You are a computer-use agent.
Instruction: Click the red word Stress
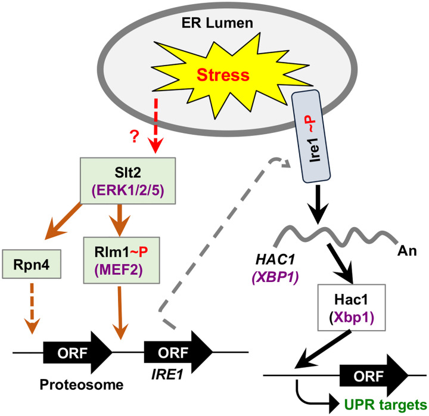pos(223,75)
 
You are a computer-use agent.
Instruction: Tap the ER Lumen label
pos(217,23)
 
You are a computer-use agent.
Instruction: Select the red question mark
pos(134,136)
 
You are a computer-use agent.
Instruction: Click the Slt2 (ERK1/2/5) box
pos(128,181)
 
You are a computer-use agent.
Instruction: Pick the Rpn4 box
pos(32,264)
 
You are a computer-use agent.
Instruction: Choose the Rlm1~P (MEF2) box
pos(122,260)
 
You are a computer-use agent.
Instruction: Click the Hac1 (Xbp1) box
pos(352,308)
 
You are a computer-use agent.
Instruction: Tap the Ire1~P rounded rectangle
pos(312,136)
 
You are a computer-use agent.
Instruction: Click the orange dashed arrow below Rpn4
pos(32,309)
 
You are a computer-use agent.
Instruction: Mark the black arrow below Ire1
pos(318,204)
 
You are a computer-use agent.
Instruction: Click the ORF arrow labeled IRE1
pos(178,352)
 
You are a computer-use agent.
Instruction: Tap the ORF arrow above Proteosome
pos(77,352)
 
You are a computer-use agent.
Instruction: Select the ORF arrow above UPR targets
pos(374,375)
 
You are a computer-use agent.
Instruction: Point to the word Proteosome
pos(82,385)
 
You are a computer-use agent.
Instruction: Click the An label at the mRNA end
pos(407,251)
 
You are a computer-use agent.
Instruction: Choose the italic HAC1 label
pos(275,259)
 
